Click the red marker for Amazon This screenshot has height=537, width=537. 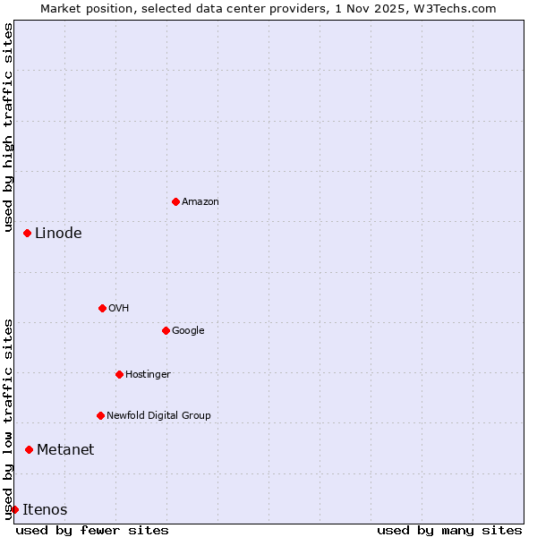point(175,201)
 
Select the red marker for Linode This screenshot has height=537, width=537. point(27,233)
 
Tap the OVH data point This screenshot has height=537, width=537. point(102,308)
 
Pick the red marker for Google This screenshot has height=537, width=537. point(166,330)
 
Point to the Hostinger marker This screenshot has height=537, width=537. point(119,374)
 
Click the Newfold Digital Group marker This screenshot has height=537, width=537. point(100,415)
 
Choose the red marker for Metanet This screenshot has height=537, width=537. point(29,449)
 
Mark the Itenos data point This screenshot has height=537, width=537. point(14,509)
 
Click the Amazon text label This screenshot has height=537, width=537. point(200,202)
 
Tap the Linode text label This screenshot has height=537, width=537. point(58,234)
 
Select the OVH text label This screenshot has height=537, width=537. point(119,309)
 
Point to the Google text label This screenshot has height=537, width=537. point(188,331)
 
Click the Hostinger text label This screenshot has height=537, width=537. point(148,375)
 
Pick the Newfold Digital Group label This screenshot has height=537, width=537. point(158,416)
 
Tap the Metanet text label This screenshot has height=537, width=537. point(65,450)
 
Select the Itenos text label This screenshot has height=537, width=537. point(45,510)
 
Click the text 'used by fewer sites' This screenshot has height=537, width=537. point(92,530)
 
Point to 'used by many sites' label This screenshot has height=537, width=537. point(449,530)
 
